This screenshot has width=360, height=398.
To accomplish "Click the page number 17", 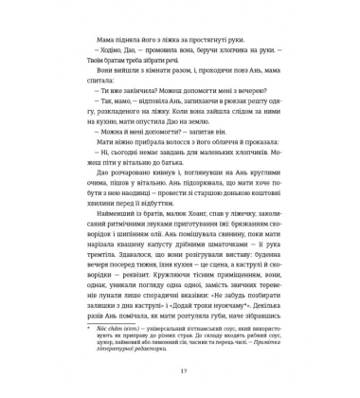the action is [x=179, y=368].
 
